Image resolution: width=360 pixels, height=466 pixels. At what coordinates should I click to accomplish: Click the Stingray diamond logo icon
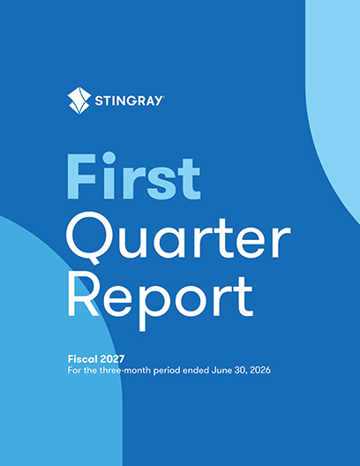(x=79, y=101)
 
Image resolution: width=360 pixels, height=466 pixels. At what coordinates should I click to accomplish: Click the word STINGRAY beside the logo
(x=129, y=101)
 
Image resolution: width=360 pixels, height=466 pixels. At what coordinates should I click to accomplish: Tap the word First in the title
(x=133, y=176)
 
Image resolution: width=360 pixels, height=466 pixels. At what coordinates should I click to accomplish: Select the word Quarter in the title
(x=178, y=238)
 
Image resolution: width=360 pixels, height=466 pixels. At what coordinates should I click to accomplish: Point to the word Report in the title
(x=161, y=300)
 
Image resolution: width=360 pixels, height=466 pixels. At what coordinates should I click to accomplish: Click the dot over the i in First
(x=109, y=157)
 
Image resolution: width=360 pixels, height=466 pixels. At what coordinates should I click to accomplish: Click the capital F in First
(x=81, y=177)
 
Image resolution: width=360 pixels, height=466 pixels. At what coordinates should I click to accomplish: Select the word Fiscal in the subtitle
(x=82, y=359)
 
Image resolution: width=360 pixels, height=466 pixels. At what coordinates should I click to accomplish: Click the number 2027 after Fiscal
(x=112, y=359)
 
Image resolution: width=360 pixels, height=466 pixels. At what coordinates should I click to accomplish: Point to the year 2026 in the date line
(x=260, y=371)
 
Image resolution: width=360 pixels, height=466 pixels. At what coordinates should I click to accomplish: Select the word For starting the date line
(x=74, y=371)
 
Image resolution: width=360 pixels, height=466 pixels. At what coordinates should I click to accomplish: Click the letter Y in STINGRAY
(x=158, y=101)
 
